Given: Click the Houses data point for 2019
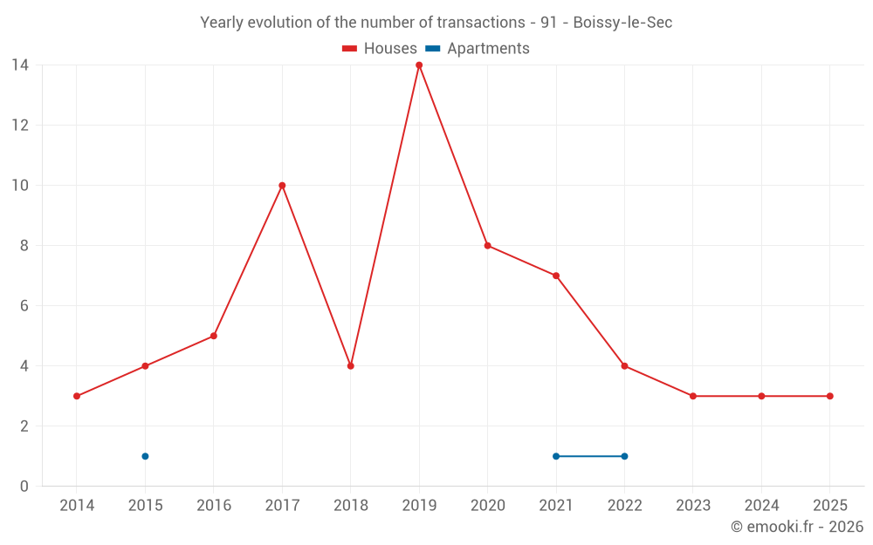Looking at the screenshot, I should tap(419, 65).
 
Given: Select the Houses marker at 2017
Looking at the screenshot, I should tap(282, 186).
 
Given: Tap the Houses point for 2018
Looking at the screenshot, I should tap(350, 366).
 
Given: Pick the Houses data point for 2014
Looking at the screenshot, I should tap(77, 396).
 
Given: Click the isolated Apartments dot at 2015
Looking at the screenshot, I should tap(145, 456).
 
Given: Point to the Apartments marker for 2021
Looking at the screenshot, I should tap(556, 456).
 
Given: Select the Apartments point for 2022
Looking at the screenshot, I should tap(624, 456).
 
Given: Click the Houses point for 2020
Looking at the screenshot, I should tap(487, 246).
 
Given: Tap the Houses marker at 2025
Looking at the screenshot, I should tap(829, 396).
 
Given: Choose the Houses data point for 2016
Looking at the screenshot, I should tap(214, 336).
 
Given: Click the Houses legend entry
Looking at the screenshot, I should tap(380, 49).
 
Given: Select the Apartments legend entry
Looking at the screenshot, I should tap(478, 49).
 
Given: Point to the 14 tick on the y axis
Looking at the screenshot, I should tap(20, 65).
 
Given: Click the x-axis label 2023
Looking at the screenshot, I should tap(693, 506).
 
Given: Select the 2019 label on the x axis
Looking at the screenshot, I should tap(419, 506).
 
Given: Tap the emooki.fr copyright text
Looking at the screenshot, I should tap(797, 527).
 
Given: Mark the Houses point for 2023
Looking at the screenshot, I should tap(693, 396).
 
